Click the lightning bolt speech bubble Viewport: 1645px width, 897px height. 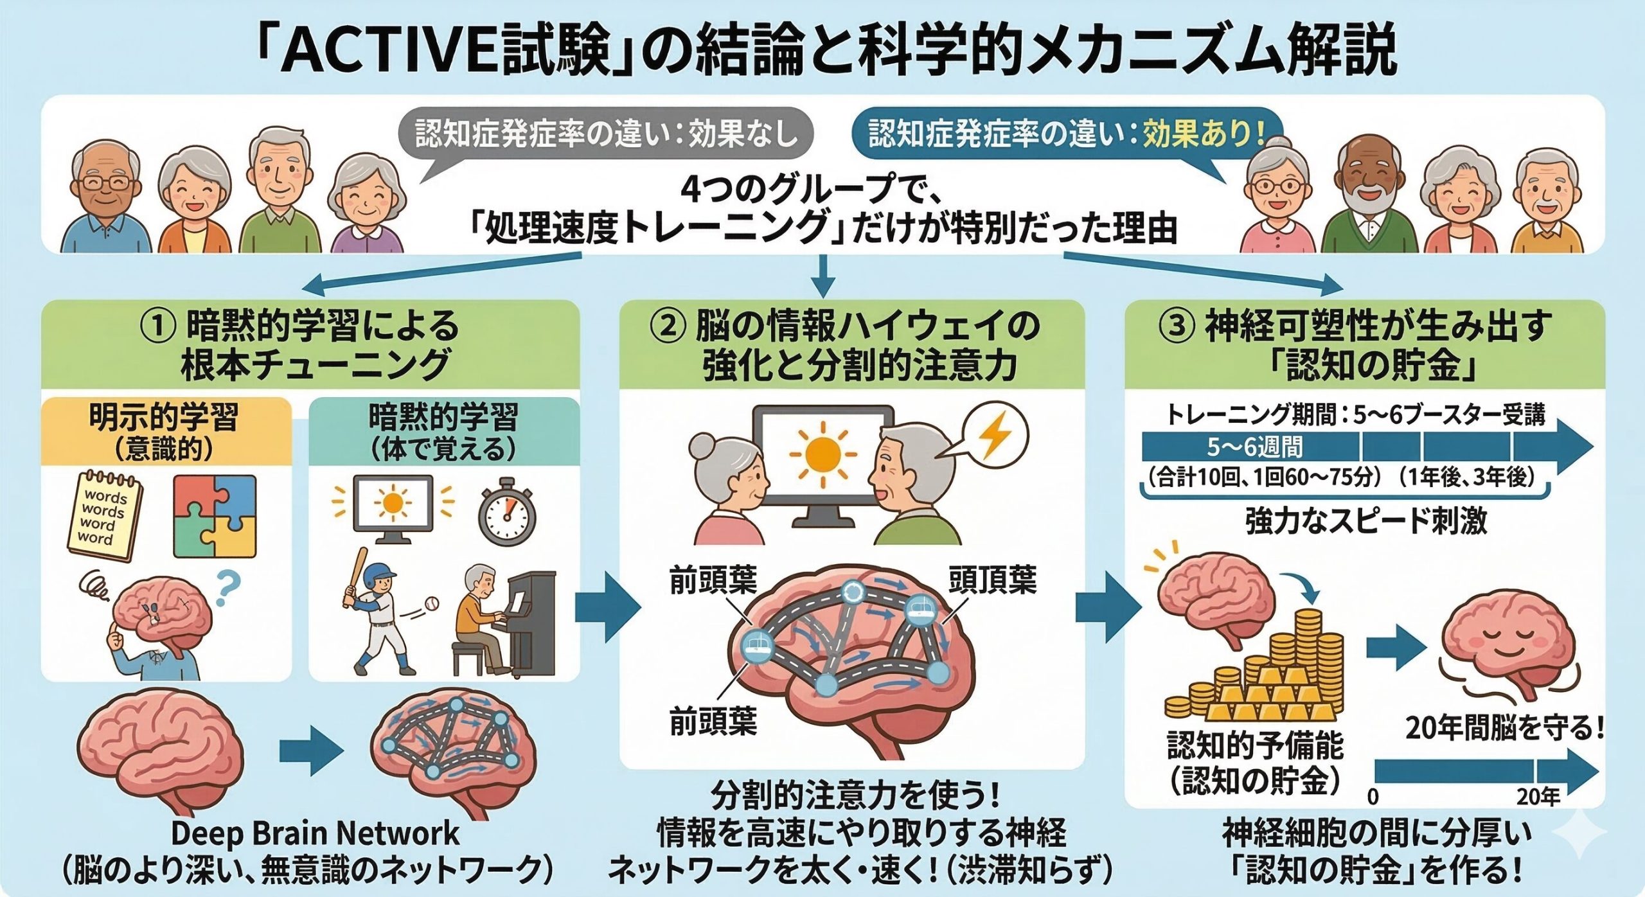click(993, 436)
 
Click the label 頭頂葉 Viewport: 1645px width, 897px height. click(992, 580)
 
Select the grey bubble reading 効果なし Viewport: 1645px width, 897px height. click(605, 134)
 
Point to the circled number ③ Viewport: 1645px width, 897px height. click(1176, 326)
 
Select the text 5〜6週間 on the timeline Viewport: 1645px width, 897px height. click(1254, 446)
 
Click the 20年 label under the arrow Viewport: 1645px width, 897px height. click(1538, 797)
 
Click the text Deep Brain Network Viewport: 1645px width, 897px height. click(315, 833)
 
